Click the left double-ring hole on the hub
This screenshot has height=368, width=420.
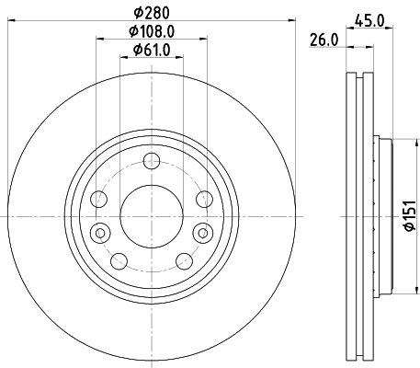(x=100, y=230)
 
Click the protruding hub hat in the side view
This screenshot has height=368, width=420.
(x=383, y=216)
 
